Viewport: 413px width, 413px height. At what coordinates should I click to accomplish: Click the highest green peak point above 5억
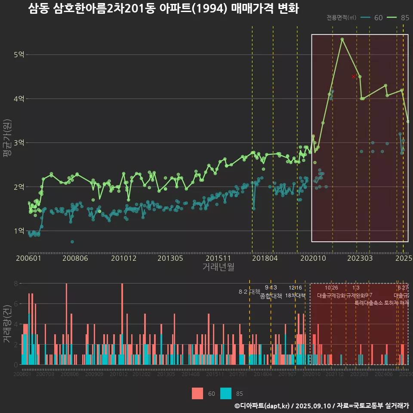click(x=342, y=39)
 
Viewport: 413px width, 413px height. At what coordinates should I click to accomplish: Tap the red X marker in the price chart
click(x=354, y=77)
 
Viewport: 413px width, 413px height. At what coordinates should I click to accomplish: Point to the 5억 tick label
click(x=19, y=55)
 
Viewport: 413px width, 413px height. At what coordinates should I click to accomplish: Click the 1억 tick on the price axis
click(x=19, y=231)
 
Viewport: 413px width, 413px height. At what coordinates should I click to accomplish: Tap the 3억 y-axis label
click(x=19, y=143)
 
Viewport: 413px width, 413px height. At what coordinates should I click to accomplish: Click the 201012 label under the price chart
click(x=123, y=259)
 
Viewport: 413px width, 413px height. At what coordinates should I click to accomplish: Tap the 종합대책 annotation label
click(x=271, y=296)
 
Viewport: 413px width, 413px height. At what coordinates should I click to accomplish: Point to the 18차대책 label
click(x=295, y=296)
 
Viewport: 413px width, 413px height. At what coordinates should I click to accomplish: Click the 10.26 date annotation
click(x=331, y=288)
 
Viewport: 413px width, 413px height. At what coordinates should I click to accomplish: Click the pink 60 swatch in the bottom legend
click(x=197, y=393)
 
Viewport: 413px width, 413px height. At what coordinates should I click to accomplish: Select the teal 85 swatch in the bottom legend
click(x=225, y=393)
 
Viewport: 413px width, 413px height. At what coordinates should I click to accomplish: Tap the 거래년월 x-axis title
click(x=218, y=267)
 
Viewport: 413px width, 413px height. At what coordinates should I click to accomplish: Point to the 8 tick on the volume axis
click(x=16, y=284)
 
